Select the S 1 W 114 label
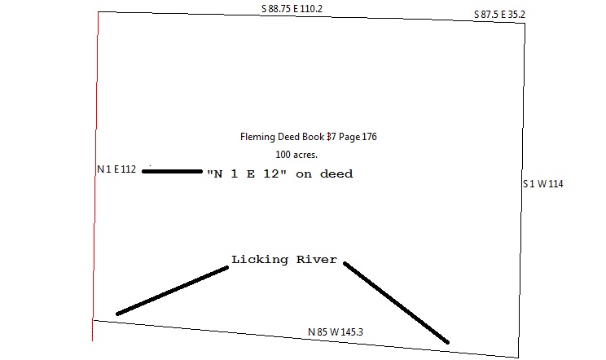[542, 184]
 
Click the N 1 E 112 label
[116, 170]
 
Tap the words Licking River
[284, 260]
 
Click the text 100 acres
[296, 154]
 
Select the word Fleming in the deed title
[257, 137]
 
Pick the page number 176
[368, 137]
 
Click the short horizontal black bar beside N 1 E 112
[172, 171]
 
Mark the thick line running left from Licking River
[172, 290]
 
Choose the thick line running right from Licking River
[396, 301]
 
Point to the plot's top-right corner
[525, 23]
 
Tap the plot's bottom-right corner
[517, 357]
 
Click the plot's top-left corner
[99, 11]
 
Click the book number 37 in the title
[332, 137]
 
